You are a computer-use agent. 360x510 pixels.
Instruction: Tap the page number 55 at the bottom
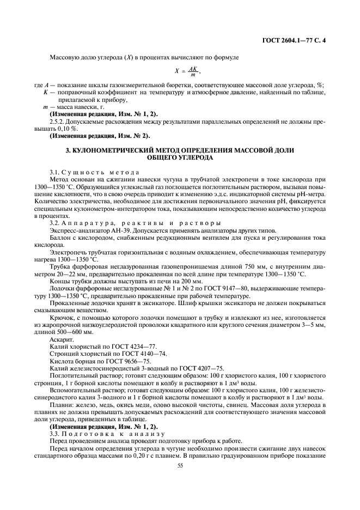[x=180, y=466]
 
